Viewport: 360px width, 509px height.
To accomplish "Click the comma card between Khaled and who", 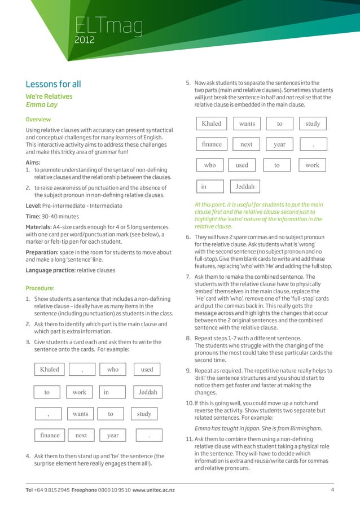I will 82,370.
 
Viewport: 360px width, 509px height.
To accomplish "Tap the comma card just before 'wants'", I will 49,414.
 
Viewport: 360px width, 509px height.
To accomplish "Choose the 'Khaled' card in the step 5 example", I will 212,124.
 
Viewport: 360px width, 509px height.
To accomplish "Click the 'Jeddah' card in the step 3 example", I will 148,392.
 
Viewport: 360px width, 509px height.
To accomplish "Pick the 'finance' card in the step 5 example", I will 212,144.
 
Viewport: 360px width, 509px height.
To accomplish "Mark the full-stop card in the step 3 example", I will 148,436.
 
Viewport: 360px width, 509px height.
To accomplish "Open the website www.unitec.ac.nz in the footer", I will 153,489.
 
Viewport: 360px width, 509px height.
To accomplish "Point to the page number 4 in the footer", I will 332,489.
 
